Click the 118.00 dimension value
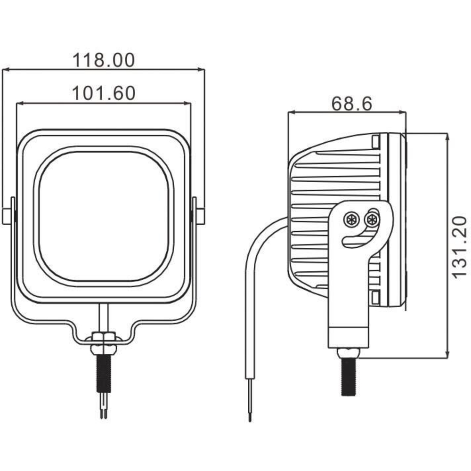click(x=104, y=60)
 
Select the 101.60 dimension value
click(x=104, y=93)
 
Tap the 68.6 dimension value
click(x=352, y=104)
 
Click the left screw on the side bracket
click(x=351, y=219)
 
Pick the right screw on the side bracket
click(x=372, y=219)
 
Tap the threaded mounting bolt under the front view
click(x=104, y=374)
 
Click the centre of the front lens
click(x=104, y=216)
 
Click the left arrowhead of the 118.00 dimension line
click(x=5, y=70)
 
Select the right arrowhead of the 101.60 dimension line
click(x=187, y=103)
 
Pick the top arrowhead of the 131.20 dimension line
click(x=447, y=137)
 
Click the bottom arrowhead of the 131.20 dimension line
click(x=447, y=355)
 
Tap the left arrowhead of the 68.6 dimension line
click(x=292, y=113)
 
